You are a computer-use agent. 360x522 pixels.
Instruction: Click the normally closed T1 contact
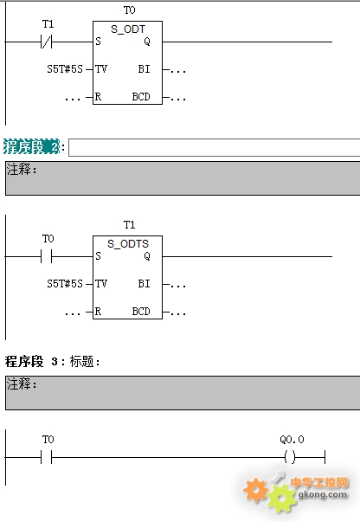pos(46,42)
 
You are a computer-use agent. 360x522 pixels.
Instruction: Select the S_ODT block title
pos(128,29)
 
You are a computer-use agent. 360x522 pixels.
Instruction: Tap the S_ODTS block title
pos(128,244)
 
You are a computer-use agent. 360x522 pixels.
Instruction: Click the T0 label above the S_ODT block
pos(130,10)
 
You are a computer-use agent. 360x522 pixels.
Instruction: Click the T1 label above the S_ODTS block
pos(130,225)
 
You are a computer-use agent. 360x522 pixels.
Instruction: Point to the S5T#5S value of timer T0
pos(65,69)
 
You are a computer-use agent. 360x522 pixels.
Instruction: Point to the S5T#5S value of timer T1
pos(65,284)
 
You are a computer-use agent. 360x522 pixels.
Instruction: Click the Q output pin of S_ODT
pos(147,42)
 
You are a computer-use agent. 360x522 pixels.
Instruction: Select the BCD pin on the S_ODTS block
pos(141,312)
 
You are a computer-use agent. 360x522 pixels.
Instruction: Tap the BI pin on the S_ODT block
pos(144,69)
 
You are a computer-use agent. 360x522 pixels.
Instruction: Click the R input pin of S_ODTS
pos(98,312)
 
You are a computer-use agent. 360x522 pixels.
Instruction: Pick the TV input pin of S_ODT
pos(101,69)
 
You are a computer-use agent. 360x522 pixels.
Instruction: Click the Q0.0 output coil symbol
pos(290,457)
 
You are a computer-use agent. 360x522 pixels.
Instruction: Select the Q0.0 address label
pos(292,440)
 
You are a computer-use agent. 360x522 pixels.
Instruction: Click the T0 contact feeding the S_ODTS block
pos(46,257)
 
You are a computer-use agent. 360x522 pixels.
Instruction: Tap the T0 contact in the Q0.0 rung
pos(46,457)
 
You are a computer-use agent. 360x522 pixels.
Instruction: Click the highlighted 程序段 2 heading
pos(32,147)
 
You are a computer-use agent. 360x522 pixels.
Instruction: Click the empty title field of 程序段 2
pos(214,147)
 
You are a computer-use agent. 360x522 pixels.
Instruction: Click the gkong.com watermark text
pos(323,494)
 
